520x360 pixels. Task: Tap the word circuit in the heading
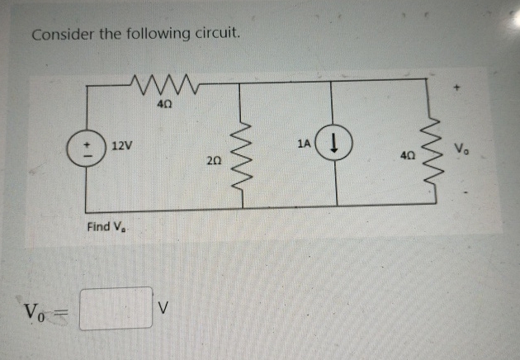point(217,35)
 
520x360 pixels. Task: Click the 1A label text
point(304,144)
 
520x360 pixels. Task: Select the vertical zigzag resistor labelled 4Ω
point(428,153)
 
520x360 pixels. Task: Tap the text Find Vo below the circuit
point(107,227)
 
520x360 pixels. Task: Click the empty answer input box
point(116,307)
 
